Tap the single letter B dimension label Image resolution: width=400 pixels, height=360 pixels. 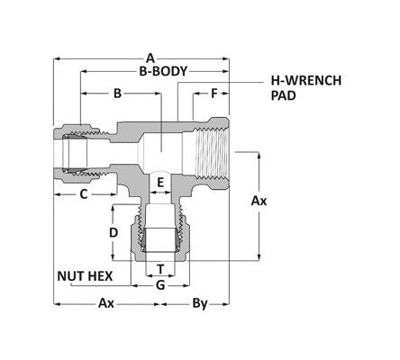tap(117, 93)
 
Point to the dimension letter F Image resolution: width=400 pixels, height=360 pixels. tap(214, 93)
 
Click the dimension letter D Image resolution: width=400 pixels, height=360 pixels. tap(114, 232)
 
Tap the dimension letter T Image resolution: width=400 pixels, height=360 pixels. tap(159, 269)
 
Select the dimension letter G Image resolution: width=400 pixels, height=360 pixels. tap(159, 285)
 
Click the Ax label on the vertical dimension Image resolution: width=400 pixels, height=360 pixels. tap(259, 200)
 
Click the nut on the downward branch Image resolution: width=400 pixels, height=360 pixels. tap(159, 240)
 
